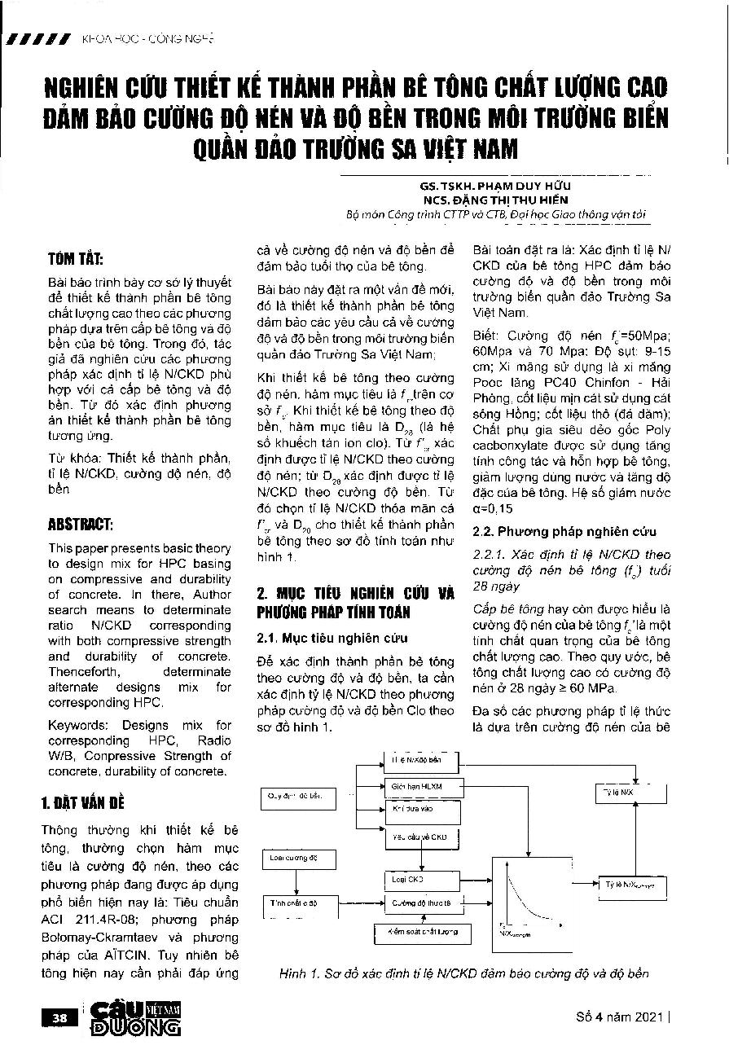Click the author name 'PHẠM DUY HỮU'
point(521,185)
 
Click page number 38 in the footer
point(59,1017)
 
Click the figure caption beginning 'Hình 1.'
point(463,973)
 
